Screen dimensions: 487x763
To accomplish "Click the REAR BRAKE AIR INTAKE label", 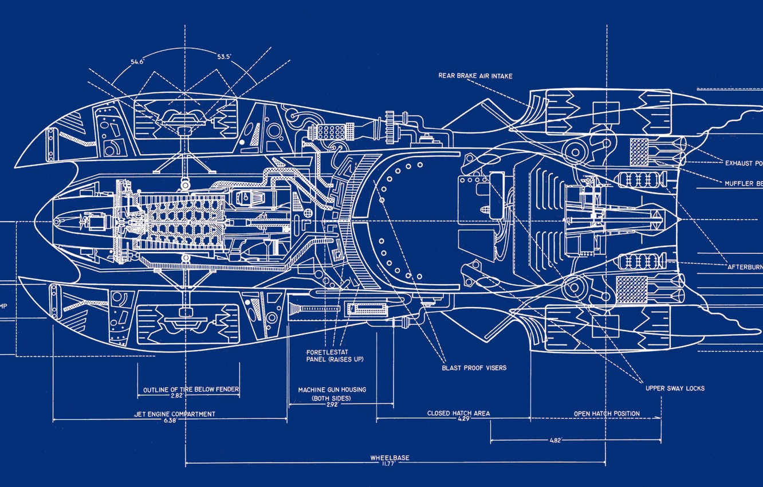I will click(475, 76).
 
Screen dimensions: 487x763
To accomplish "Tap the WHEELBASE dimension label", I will click(390, 458).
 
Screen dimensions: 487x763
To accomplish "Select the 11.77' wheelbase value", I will click(390, 464).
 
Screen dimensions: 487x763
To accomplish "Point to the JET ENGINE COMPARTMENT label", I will click(175, 414).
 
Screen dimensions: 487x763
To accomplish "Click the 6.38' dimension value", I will click(170, 420).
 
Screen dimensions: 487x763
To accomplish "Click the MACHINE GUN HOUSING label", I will click(332, 390).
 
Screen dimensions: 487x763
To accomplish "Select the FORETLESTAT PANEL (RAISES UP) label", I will click(335, 356).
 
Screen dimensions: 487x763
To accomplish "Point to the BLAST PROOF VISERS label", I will click(474, 368).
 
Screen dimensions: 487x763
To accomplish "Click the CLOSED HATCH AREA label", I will click(458, 413).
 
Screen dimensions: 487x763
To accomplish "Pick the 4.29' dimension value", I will click(447, 419).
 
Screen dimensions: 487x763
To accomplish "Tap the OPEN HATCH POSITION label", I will click(607, 413).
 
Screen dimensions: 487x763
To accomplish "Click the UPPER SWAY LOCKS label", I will click(675, 388).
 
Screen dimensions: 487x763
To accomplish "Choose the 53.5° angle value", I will click(225, 57).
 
